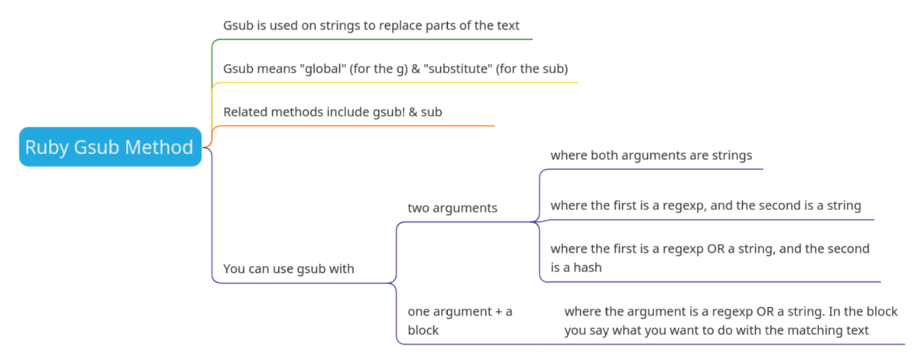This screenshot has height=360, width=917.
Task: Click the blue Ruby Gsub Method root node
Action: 110,147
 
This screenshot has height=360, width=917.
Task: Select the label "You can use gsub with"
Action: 288,269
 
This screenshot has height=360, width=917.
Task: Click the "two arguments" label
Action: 452,208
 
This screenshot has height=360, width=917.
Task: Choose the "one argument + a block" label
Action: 459,320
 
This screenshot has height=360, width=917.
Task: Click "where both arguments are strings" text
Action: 651,155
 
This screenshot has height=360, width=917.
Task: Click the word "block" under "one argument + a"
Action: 423,330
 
